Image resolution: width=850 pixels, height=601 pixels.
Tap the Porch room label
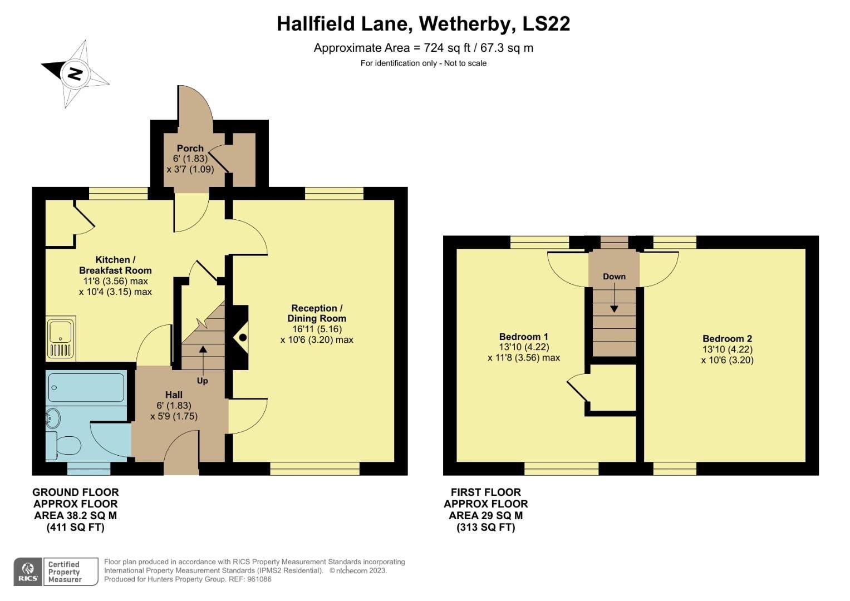tap(190, 148)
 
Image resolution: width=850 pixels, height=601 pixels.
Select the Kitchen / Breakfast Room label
tap(115, 265)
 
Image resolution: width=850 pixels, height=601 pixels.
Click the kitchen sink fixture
tap(61, 338)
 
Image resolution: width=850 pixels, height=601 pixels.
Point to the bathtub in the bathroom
tap(86, 387)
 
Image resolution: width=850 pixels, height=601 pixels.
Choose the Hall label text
tap(174, 395)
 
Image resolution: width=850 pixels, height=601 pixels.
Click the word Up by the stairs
tap(202, 381)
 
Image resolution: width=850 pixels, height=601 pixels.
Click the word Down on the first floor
tap(614, 277)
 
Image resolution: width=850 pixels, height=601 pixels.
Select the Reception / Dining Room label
tap(317, 313)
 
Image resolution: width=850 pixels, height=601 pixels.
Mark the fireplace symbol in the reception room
tap(242, 337)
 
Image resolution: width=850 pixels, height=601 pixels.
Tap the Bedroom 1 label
tap(523, 337)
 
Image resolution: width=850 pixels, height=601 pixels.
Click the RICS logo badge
tap(27, 571)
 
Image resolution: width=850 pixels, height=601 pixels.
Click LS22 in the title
tap(547, 24)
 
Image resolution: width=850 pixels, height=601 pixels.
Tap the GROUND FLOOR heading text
tap(76, 492)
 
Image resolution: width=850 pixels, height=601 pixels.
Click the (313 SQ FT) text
tap(485, 528)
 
